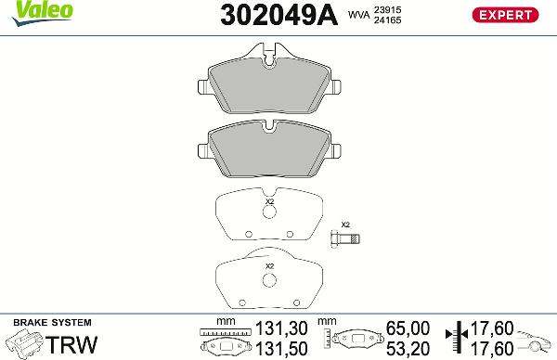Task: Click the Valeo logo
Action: click(27, 8)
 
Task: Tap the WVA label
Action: click(356, 15)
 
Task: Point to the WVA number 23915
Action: click(388, 8)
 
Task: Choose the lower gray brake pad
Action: click(269, 148)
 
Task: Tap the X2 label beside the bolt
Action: click(346, 225)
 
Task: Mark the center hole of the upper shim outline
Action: click(269, 212)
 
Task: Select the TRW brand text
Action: click(71, 344)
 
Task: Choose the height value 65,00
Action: click(407, 328)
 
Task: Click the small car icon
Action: click(537, 339)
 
